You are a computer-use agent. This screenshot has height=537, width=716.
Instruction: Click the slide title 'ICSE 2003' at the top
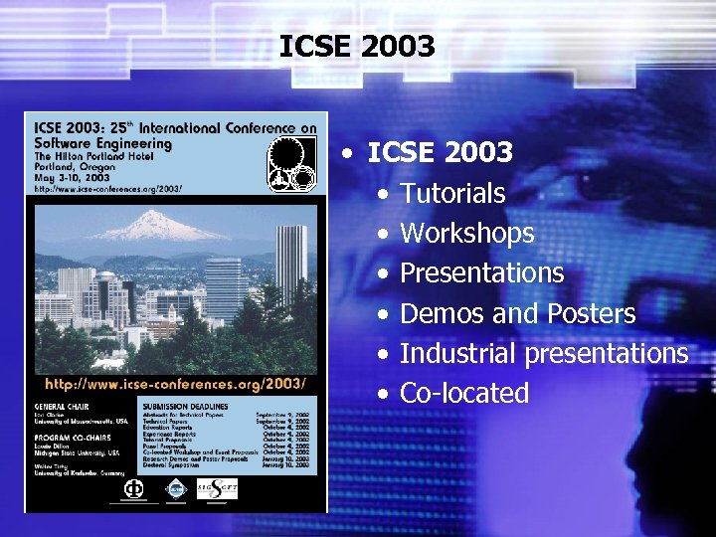(357, 46)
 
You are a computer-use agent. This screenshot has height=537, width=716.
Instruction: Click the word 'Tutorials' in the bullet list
(451, 193)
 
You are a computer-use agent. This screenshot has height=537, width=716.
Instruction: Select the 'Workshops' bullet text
(466, 234)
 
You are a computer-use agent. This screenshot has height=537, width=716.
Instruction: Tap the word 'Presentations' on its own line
(481, 273)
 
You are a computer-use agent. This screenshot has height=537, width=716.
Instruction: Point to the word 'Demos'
(443, 314)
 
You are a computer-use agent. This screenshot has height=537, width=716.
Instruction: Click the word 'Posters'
(591, 314)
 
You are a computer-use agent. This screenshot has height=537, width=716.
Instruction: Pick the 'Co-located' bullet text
(463, 394)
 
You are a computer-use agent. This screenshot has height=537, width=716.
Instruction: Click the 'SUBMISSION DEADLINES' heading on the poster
(185, 407)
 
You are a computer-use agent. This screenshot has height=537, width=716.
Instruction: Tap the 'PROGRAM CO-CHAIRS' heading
(72, 437)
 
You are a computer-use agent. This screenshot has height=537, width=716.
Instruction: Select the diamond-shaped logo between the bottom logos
(176, 488)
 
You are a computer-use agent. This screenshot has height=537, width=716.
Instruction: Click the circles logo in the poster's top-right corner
(292, 163)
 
